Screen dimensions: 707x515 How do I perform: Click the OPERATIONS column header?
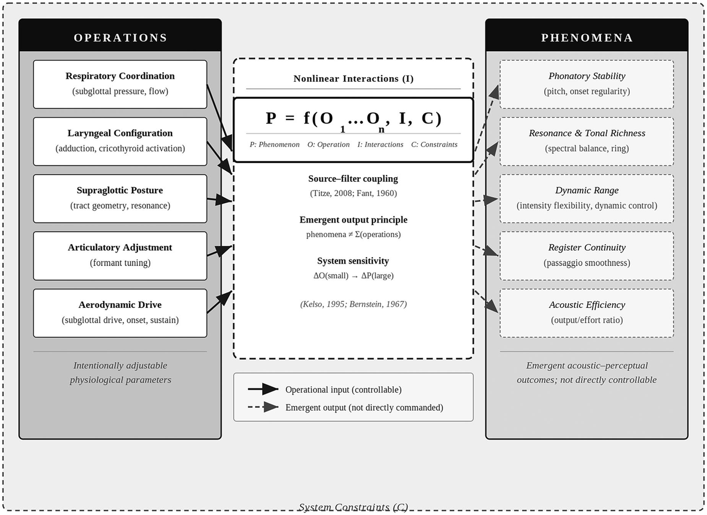(120, 38)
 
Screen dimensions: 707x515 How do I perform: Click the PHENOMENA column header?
(587, 38)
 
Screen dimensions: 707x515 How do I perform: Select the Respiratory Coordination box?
(120, 84)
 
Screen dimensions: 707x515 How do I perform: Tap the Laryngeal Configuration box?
(120, 141)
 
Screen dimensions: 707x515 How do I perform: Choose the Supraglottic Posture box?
(120, 199)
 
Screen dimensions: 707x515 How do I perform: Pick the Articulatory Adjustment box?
(120, 256)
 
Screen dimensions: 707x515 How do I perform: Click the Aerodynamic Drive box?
(120, 313)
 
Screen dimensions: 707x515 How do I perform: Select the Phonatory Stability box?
(587, 84)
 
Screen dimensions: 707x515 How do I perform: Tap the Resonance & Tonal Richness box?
(587, 141)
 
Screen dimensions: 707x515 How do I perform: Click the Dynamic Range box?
(587, 199)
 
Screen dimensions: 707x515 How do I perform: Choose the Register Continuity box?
(587, 256)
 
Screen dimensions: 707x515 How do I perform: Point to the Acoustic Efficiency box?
(587, 313)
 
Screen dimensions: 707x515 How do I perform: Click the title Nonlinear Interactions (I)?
(353, 78)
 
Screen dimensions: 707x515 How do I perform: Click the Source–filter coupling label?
(353, 179)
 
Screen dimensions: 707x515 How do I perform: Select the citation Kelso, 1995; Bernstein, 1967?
(353, 304)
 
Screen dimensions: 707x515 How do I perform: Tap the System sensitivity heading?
(353, 261)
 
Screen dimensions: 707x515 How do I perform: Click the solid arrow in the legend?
(263, 389)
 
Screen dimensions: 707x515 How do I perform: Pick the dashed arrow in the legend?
(263, 407)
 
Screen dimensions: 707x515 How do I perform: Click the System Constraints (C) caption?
(353, 507)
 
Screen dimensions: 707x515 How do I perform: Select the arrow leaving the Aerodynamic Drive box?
(220, 302)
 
